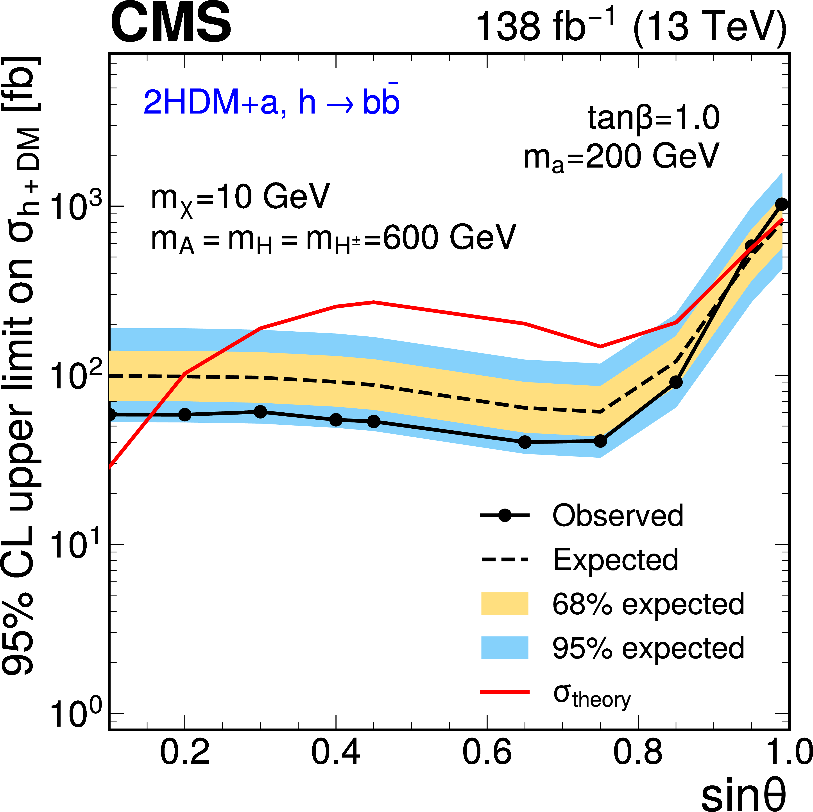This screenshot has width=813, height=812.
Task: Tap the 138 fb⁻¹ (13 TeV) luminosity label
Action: (630, 26)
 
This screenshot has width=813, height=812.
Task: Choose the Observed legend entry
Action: (617, 516)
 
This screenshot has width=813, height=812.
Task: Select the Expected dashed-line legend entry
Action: (615, 560)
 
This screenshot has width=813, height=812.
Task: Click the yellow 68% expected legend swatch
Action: (505, 604)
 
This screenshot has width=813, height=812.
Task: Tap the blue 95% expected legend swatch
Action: (505, 648)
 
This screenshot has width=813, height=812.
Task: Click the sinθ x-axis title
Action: (743, 793)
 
